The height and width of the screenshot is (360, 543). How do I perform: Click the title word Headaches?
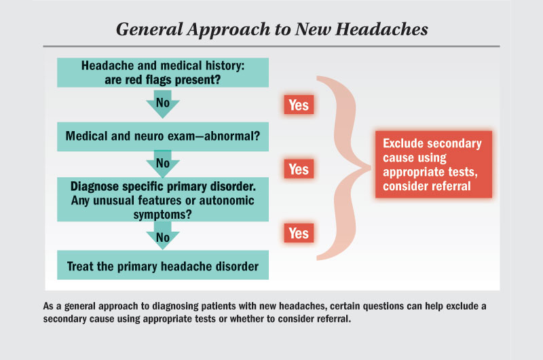click(381, 29)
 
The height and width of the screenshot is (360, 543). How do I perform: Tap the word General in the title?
click(149, 29)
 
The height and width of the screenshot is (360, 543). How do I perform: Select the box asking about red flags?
click(163, 73)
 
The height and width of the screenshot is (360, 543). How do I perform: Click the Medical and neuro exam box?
click(163, 137)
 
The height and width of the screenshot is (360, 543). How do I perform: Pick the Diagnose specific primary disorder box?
click(163, 199)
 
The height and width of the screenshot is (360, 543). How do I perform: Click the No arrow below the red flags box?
click(163, 104)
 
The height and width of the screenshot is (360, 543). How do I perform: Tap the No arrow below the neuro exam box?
click(163, 164)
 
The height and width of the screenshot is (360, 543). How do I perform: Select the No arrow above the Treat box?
click(163, 236)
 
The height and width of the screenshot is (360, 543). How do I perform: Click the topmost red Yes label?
click(299, 105)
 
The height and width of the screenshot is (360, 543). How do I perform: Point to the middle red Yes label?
click(299, 169)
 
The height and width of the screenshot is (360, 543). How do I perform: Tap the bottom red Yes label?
click(299, 233)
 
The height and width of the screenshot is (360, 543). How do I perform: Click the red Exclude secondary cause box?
click(434, 164)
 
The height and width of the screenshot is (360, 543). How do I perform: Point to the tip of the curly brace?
click(371, 168)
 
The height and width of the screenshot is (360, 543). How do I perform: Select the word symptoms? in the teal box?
click(162, 215)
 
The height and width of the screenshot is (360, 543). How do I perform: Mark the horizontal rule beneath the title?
click(271, 46)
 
